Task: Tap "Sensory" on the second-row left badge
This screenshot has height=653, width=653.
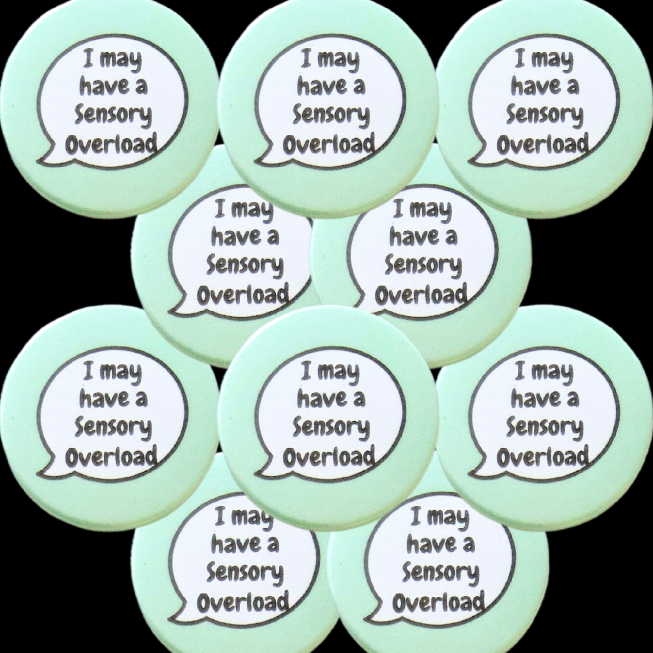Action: (x=245, y=266)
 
